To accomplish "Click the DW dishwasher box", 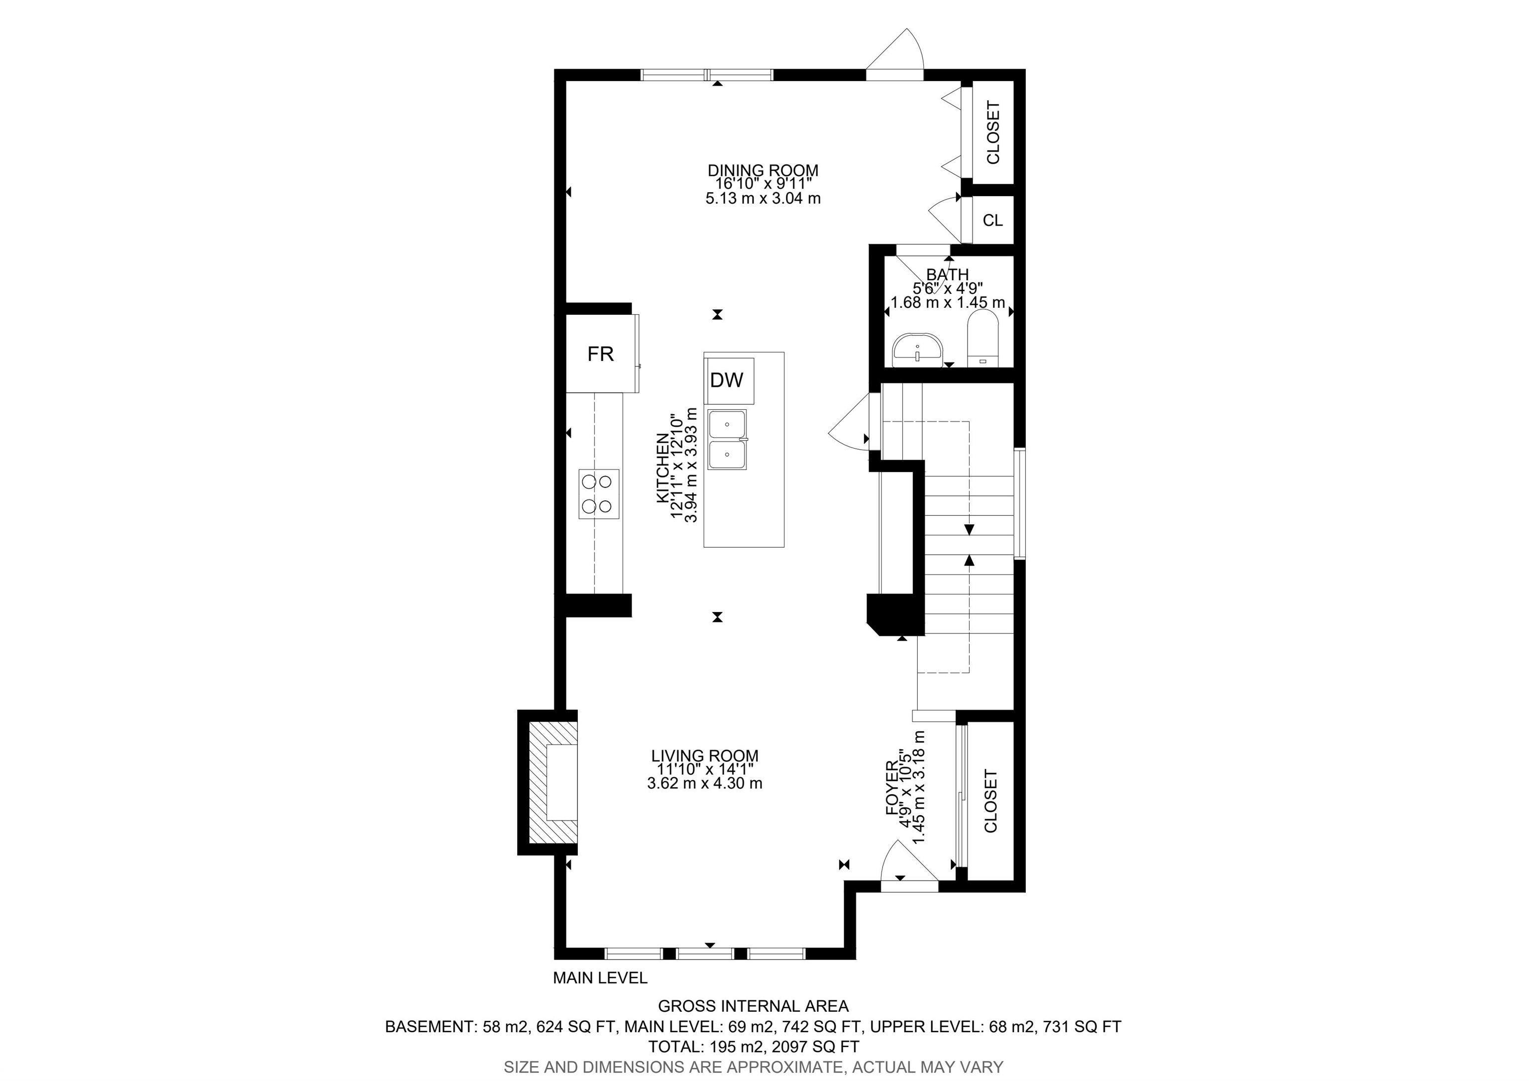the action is pos(729,380).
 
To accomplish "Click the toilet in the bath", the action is pos(983,340).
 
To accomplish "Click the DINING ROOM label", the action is pos(763,170).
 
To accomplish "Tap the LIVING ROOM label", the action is pos(705,756).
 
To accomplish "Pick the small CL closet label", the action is pos(993,221).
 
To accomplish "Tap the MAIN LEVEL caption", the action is pos(600,978).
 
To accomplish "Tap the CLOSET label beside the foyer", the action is pos(991,801).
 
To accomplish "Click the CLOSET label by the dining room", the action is pos(993,132).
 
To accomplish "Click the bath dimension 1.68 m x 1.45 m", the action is pos(948,302).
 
